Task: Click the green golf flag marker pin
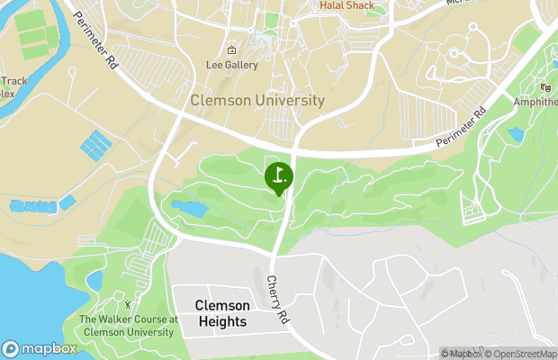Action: click(279, 176)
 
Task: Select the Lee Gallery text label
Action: click(231, 65)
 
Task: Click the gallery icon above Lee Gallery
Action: click(231, 50)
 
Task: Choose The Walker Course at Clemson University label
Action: click(127, 326)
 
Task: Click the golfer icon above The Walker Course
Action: click(127, 306)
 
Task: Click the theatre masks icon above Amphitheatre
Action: click(545, 87)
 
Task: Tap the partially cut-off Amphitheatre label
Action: click(536, 103)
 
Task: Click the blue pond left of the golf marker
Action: click(191, 210)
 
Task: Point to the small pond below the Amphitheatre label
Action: click(515, 135)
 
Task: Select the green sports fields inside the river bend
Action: click(35, 34)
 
